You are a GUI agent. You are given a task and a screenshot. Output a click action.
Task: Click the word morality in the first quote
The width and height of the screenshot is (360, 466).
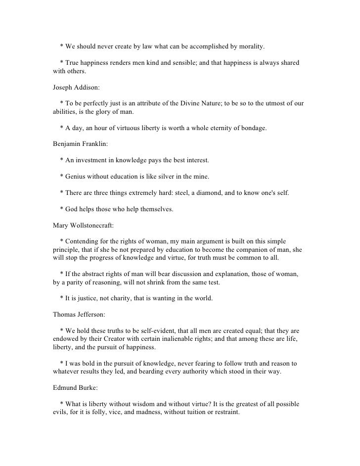click(250, 47)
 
